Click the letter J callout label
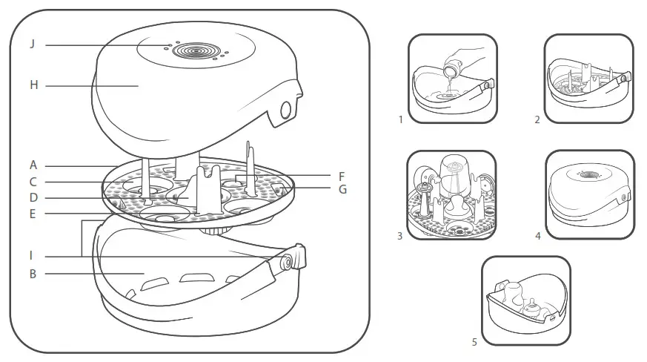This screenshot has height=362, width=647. tap(33, 45)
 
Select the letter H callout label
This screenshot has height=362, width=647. tap(33, 85)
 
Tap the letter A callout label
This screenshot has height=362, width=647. tap(33, 165)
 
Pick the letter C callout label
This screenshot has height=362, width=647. tap(33, 182)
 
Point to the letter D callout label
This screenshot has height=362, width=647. tap(33, 198)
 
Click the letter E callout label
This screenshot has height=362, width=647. tap(33, 214)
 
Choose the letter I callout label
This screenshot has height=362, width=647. tap(32, 256)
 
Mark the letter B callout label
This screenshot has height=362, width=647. tap(33, 274)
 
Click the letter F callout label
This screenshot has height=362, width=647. tap(341, 177)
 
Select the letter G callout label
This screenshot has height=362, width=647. tap(342, 190)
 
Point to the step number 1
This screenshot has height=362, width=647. tap(400, 119)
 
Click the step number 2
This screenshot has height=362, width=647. tap(537, 119)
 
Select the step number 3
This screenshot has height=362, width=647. tap(399, 236)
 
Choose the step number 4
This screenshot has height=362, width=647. tap(538, 236)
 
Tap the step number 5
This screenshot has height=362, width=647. tap(474, 342)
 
